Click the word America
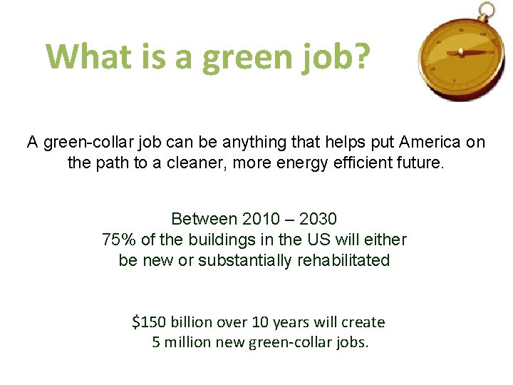tap(425, 142)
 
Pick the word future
tap(420, 163)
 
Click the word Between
tap(204, 218)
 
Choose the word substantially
tap(245, 260)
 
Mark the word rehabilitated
tap(343, 260)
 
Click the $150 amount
tap(148, 322)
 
